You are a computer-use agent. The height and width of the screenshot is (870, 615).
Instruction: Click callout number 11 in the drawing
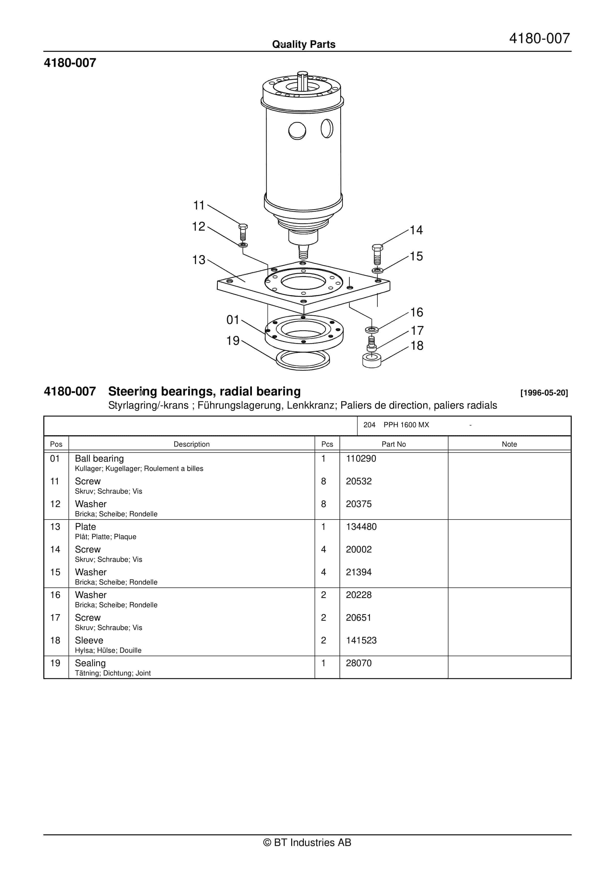click(199, 205)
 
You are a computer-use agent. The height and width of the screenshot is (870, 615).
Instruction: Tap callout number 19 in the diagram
click(233, 341)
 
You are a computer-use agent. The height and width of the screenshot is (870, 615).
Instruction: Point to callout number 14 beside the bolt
click(416, 230)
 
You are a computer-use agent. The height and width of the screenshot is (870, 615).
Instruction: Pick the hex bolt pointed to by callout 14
click(377, 254)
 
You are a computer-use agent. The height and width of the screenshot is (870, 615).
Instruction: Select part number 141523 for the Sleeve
click(361, 640)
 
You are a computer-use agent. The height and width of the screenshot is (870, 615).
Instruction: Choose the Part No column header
click(394, 444)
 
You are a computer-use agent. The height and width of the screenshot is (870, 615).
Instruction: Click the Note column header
click(509, 444)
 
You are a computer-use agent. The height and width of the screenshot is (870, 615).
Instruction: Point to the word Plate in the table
click(85, 527)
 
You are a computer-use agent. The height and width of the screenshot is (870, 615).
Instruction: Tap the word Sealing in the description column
click(90, 663)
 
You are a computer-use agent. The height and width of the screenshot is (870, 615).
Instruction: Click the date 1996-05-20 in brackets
click(544, 393)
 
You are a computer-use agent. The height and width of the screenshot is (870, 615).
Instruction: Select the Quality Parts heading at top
click(304, 44)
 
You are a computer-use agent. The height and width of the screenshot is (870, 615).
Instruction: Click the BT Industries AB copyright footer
click(307, 842)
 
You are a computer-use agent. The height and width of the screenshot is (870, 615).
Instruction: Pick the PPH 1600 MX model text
click(406, 425)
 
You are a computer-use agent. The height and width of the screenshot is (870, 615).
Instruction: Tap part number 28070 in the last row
click(359, 663)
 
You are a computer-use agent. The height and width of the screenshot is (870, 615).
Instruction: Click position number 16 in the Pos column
click(55, 595)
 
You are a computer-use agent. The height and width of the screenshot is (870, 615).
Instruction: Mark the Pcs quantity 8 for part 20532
click(324, 481)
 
